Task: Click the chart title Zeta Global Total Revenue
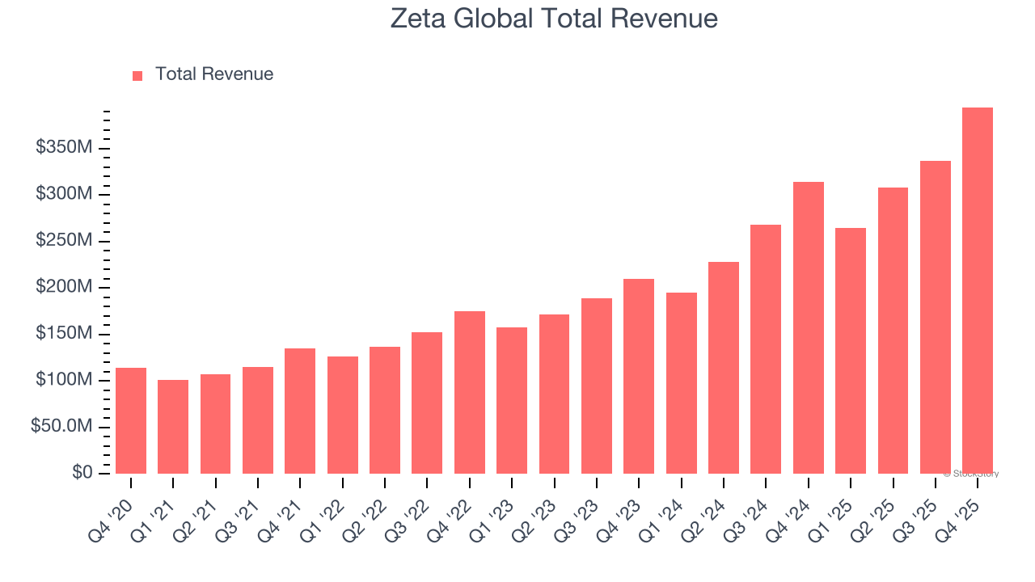(x=554, y=19)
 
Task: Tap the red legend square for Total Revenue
(x=137, y=75)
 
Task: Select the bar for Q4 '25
(x=977, y=290)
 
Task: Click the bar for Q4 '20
(x=131, y=420)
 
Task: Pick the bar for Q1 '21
(x=173, y=426)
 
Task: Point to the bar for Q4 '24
(x=808, y=327)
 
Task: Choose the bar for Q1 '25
(x=850, y=350)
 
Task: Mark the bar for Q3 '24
(x=766, y=348)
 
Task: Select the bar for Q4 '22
(x=470, y=392)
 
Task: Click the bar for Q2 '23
(x=554, y=394)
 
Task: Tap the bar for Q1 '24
(x=681, y=382)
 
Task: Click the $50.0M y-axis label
(x=61, y=427)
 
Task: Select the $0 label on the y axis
(x=82, y=473)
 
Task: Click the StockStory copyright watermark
(x=970, y=474)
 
